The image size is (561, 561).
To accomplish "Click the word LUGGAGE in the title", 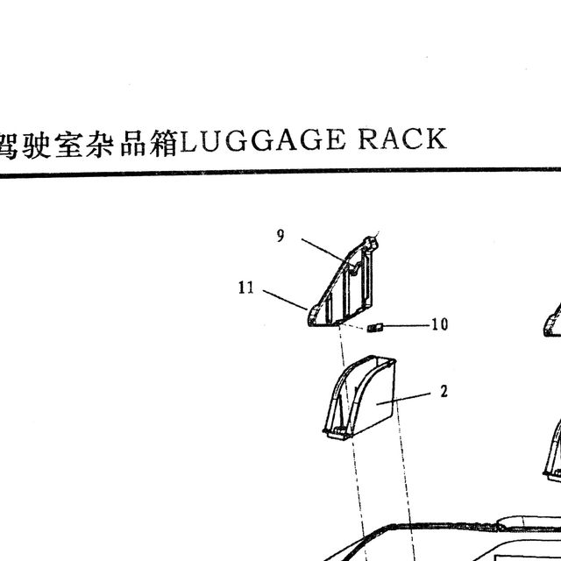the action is tap(262, 140).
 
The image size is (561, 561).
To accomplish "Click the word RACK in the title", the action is tap(402, 138).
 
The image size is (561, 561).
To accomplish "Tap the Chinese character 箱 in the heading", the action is tap(164, 144).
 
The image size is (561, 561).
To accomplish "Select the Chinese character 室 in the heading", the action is tap(69, 144).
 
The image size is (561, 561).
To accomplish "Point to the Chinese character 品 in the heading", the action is tap(133, 144).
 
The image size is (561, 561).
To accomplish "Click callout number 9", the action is tap(280, 236).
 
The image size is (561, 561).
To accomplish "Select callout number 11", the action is tap(246, 288).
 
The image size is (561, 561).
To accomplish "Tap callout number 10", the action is tap(440, 324).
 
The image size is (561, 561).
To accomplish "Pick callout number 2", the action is tap(444, 392).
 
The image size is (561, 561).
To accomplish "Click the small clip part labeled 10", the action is tap(375, 327).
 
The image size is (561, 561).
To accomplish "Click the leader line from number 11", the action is tap(285, 300).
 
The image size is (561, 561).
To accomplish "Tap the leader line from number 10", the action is tap(406, 325).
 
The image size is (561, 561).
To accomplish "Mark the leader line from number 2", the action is tap(403, 399).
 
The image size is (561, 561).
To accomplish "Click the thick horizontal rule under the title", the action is tap(280, 172).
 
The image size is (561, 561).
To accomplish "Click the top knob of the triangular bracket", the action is tap(371, 243).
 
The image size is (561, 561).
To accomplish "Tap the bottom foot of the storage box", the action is tap(337, 433).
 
